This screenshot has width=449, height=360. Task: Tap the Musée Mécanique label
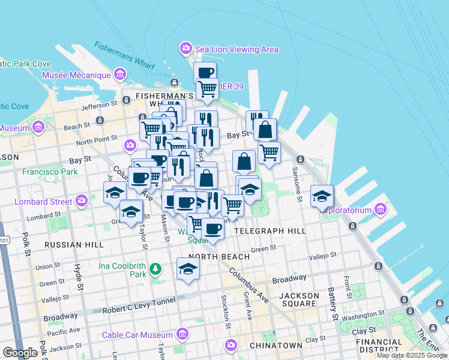[76, 75]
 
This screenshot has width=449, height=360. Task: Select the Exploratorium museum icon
[380, 209]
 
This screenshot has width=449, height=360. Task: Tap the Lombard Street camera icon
[81, 201]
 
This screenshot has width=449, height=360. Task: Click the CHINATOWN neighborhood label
[276, 346]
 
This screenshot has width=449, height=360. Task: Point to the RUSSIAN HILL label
[74, 245]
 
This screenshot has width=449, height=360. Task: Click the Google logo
[20, 353]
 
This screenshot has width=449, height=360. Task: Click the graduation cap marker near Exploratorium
[322, 196]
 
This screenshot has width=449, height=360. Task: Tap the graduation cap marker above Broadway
[188, 269]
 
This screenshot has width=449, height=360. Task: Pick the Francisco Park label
[50, 172]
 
